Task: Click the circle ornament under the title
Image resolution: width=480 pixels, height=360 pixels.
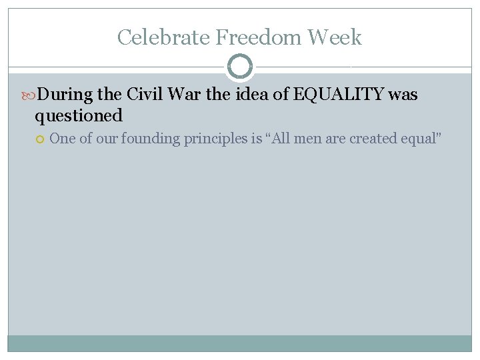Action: point(240,67)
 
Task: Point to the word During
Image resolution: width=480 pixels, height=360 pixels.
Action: point(65,95)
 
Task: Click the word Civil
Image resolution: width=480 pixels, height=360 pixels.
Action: point(143,95)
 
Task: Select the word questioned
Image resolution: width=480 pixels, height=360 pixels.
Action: point(79,116)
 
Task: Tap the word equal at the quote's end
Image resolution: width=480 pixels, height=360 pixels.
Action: point(423,139)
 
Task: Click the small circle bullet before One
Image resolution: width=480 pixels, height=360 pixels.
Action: point(40,139)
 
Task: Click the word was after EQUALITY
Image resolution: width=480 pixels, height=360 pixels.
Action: point(403,95)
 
